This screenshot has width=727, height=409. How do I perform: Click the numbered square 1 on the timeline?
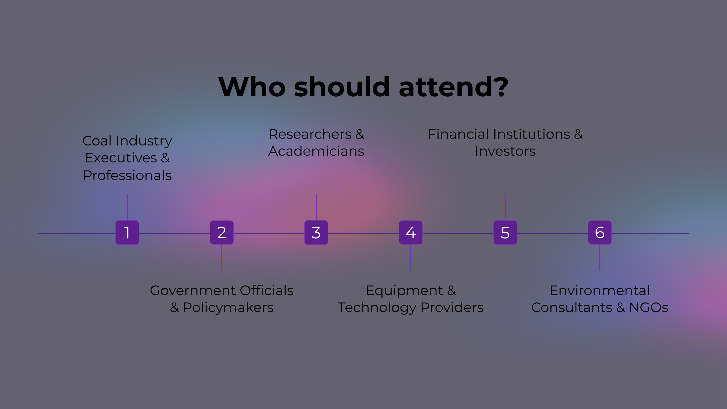pos(127,232)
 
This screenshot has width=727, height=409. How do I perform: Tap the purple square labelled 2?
pos(222,232)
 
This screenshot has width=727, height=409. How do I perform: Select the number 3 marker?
pos(316,232)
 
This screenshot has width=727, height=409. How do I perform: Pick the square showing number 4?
pos(411,232)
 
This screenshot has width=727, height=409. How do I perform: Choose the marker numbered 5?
pos(505,232)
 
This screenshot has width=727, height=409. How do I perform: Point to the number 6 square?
pos(600,232)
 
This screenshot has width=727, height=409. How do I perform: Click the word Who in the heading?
pos(252,87)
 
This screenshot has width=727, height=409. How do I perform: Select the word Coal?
pos(97,141)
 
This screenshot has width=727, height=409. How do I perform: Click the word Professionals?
pos(127,175)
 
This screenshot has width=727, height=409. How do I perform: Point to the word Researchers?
pos(310,134)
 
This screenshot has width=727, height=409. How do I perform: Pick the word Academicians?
pos(316,151)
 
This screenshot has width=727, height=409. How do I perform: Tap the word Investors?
pos(505,151)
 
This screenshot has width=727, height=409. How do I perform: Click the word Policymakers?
pos(228,308)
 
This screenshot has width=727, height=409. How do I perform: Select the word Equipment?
pos(404,291)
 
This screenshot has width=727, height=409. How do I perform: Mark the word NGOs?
pos(649,308)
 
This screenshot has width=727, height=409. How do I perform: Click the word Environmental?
pos(600,291)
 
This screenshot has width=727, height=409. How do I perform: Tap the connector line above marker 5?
pos(505,207)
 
